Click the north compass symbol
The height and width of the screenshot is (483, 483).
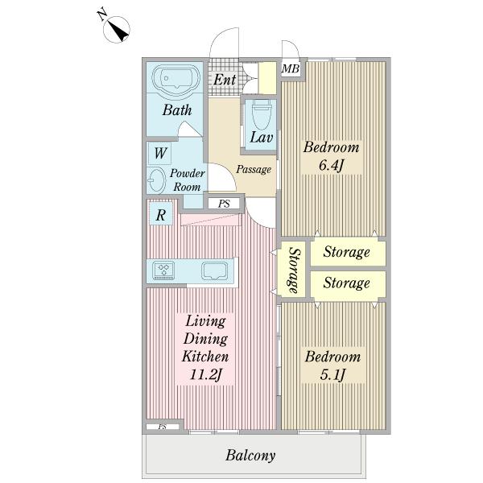click(117, 30)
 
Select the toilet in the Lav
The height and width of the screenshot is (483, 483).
click(262, 114)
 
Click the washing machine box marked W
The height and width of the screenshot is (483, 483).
click(159, 153)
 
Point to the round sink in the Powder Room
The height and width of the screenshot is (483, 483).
click(157, 180)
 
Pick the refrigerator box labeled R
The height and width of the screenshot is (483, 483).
click(160, 215)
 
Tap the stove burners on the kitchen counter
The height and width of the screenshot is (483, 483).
click(163, 270)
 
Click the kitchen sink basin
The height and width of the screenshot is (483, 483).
click(214, 270)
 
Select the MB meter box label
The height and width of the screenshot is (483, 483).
click(290, 68)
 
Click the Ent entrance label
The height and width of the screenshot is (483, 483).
click(225, 80)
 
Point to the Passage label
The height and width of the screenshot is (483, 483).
click(254, 169)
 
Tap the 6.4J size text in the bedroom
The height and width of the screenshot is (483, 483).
click(331, 165)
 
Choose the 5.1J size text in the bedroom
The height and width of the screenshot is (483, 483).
click(332, 375)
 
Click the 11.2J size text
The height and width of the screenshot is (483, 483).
click(205, 375)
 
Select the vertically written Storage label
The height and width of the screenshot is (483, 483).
click(294, 270)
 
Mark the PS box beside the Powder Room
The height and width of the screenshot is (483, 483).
click(224, 204)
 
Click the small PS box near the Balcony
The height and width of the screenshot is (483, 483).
click(163, 427)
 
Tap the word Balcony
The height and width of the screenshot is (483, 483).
click(250, 456)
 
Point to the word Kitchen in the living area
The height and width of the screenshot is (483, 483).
click(205, 357)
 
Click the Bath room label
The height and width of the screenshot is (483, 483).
click(177, 110)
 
